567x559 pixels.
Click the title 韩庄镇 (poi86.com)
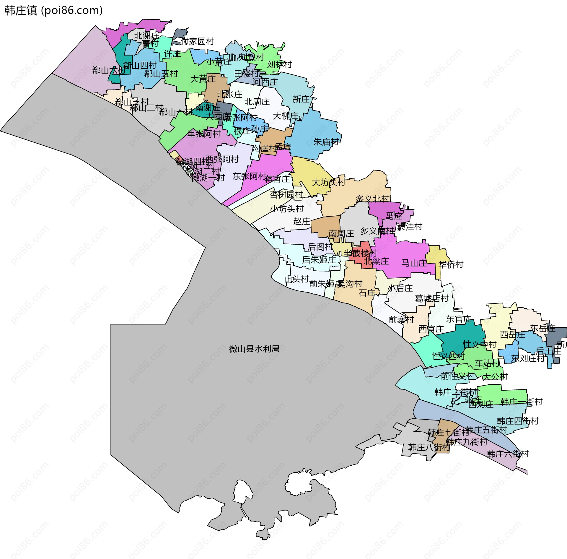pos(53,10)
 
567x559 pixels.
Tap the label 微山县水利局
pos(254,349)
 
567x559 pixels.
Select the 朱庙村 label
pos(326,142)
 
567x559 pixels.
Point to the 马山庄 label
pos(414,263)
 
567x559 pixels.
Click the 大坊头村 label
pos(328,182)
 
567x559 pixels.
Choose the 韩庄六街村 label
pos(508,454)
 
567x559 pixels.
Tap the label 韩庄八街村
pos(429,447)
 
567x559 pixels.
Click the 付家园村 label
pos(197,41)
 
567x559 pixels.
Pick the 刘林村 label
pos(279,64)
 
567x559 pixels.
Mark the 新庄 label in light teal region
pos(301,99)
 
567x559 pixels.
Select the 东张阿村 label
pos(249,176)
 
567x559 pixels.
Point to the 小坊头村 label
pos(287,209)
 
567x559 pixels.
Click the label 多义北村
pos(373,199)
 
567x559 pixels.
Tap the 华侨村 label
pos(451,264)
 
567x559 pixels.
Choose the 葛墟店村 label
pos(432,298)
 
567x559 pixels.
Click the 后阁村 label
pos(320,247)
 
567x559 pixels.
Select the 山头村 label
pos(296,279)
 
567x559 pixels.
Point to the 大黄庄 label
pos(203,79)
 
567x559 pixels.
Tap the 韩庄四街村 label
pos(518,421)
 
